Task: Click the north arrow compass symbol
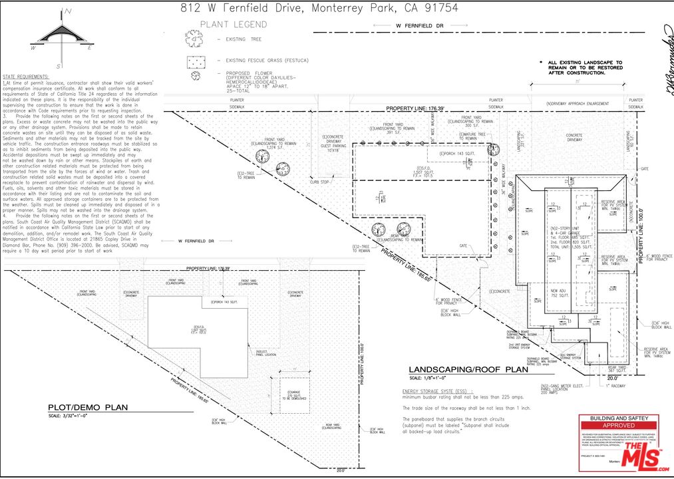[60, 39]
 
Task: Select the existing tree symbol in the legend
[195, 40]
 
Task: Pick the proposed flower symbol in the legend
[195, 75]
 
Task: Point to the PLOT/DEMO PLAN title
[87, 408]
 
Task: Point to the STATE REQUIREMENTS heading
[25, 77]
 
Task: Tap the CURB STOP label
[319, 181]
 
